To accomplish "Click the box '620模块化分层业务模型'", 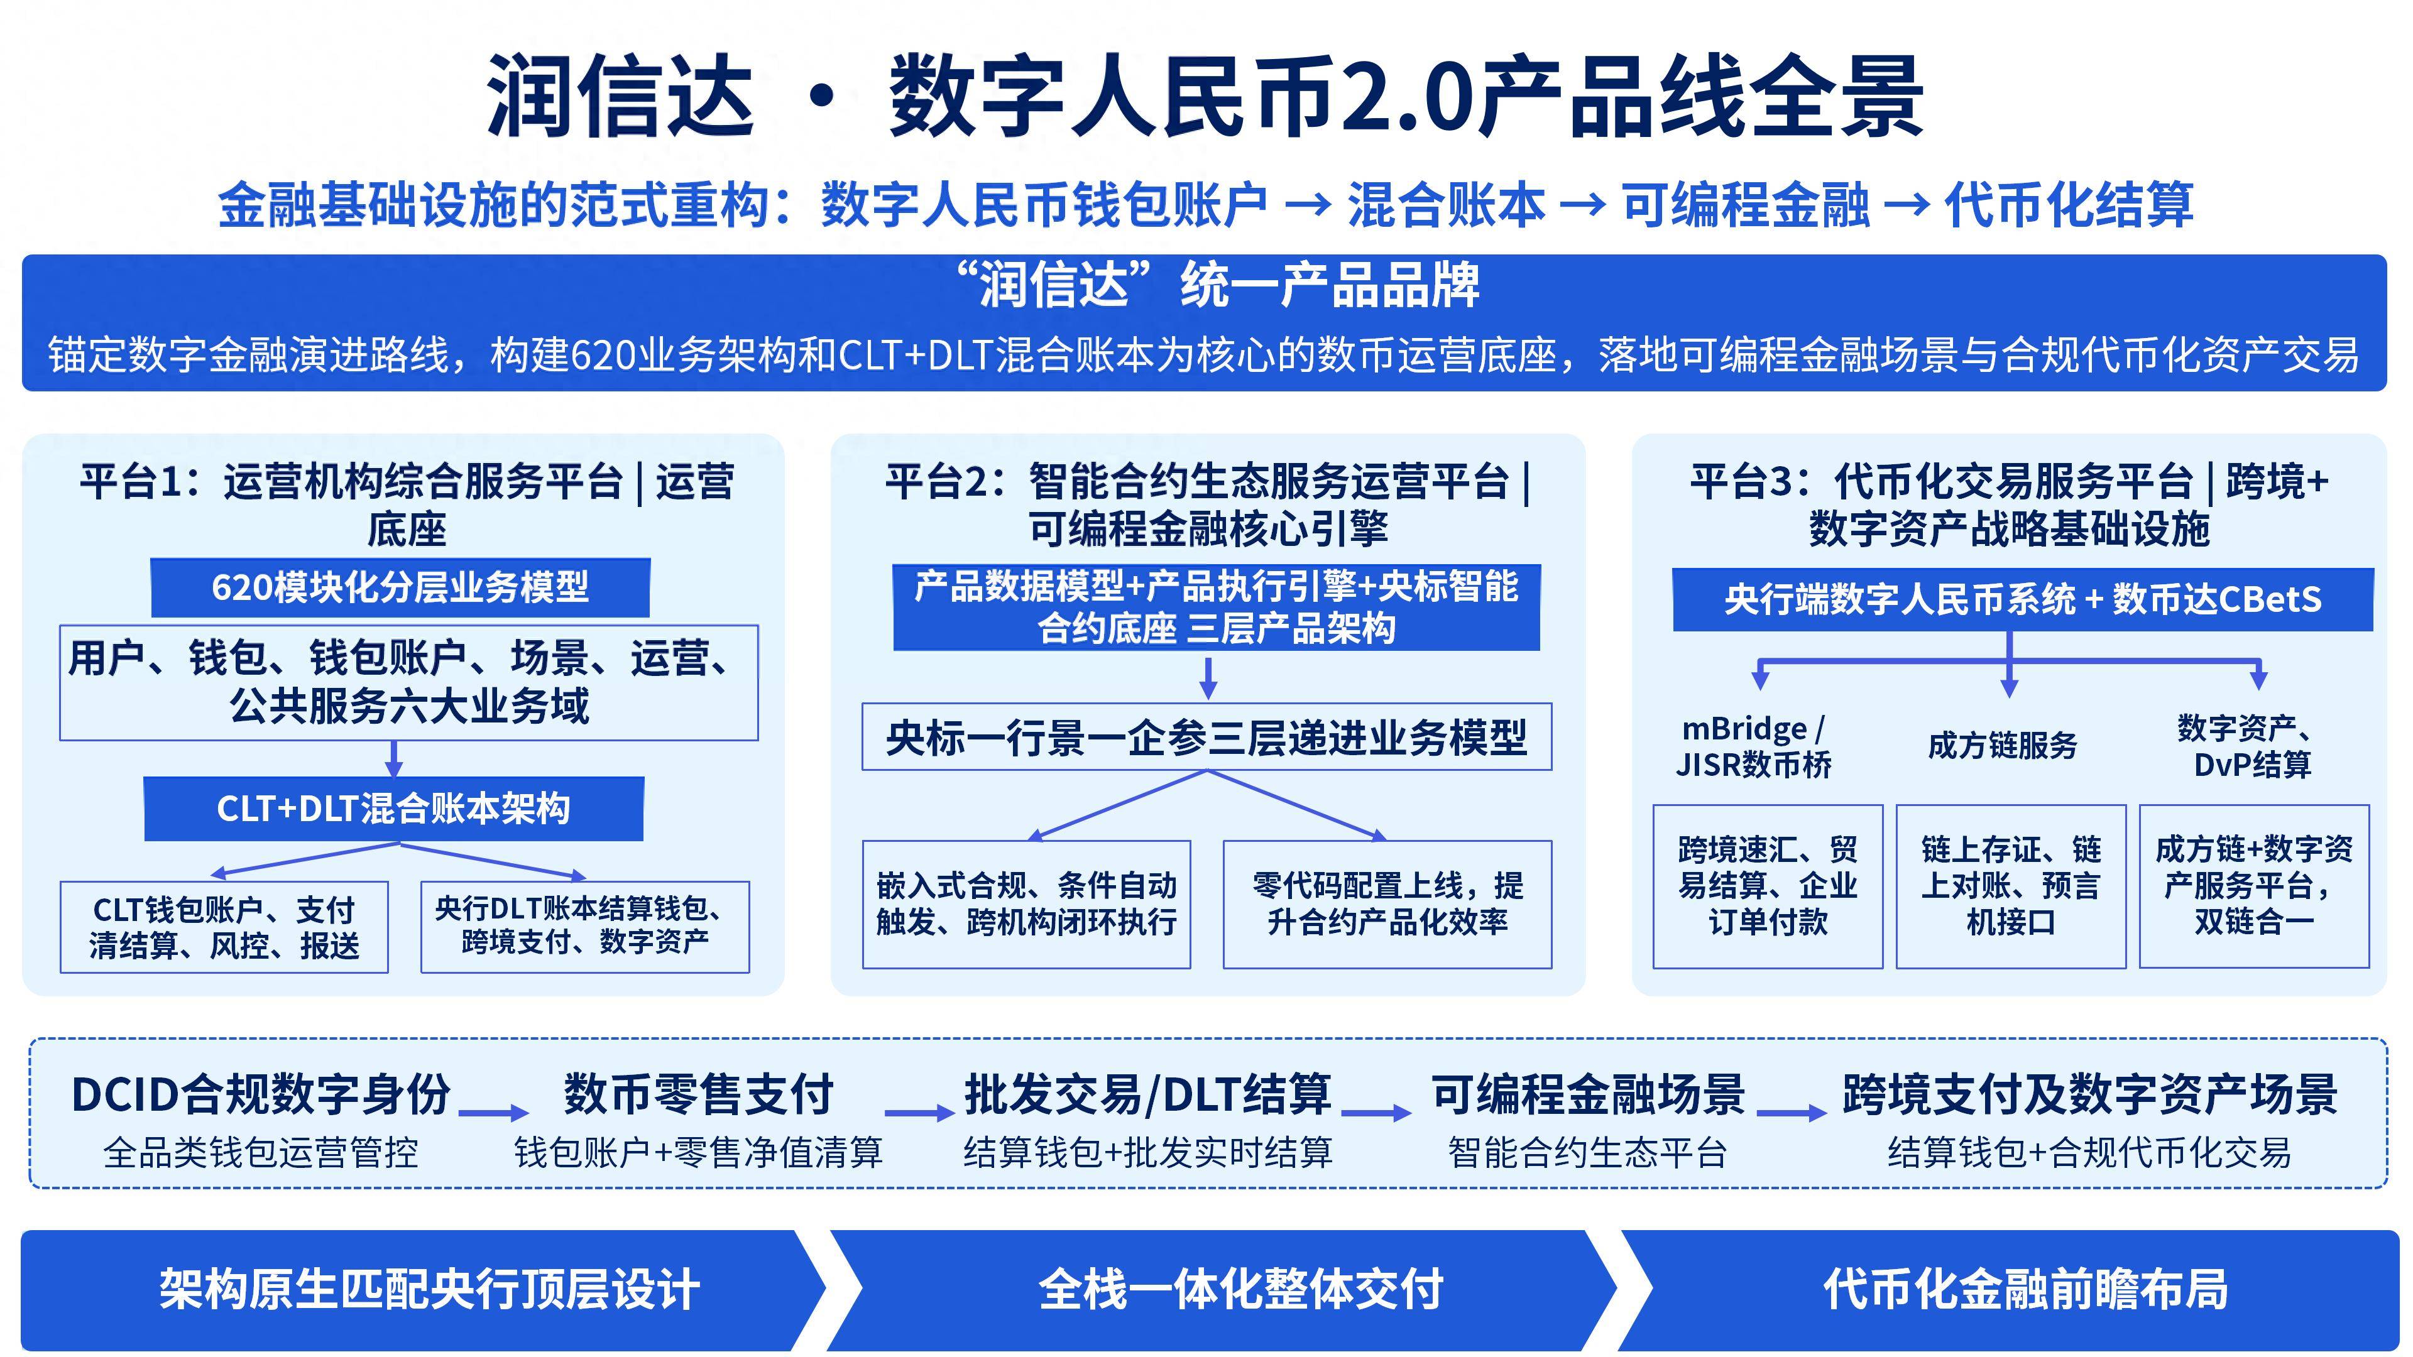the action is pyautogui.click(x=400, y=588).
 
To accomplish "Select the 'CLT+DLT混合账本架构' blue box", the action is pyautogui.click(x=393, y=808).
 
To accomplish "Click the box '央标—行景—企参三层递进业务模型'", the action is pyautogui.click(x=1206, y=737).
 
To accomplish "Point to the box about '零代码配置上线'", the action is pyautogui.click(x=1387, y=905).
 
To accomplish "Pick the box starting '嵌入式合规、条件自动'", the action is pyautogui.click(x=1027, y=905).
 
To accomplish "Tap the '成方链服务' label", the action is pyautogui.click(x=2003, y=746).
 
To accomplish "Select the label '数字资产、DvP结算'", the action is pyautogui.click(x=2252, y=746).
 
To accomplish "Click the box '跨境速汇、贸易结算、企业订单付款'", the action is pyautogui.click(x=1768, y=886).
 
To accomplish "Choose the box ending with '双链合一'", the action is pyautogui.click(x=2254, y=886).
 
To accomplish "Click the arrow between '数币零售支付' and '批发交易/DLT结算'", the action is pyautogui.click(x=919, y=1113).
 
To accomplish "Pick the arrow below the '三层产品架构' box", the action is pyautogui.click(x=1208, y=678).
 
